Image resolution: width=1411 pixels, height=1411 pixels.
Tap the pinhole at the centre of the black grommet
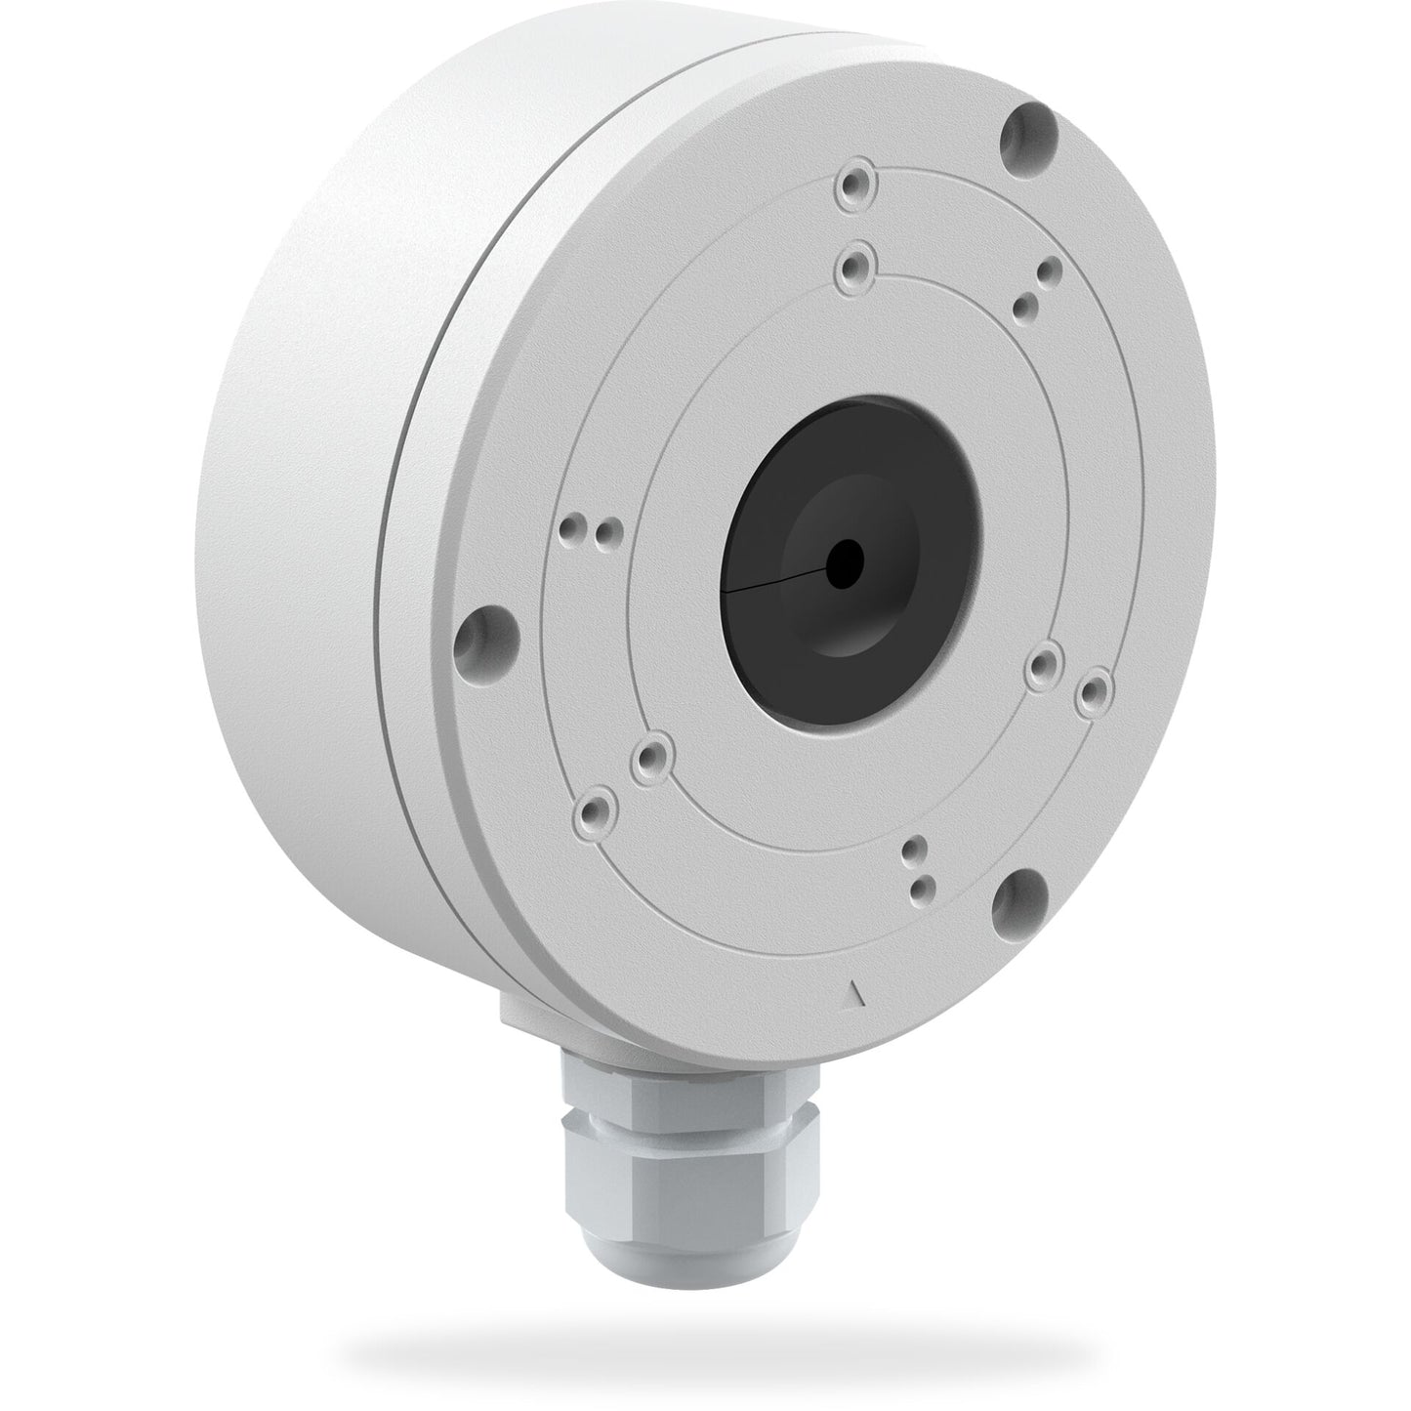pos(844,560)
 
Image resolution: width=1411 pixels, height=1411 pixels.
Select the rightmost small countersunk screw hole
pos(1094,690)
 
